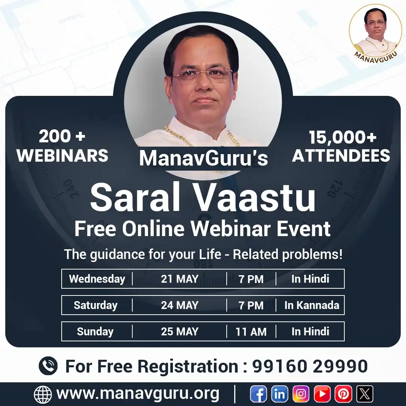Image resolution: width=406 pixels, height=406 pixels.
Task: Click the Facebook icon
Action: [259, 394]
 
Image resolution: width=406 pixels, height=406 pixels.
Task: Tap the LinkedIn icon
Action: [280, 394]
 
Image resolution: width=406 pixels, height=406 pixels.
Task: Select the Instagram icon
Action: [301, 394]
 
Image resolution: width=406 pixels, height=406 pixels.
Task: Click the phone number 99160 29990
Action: [310, 366]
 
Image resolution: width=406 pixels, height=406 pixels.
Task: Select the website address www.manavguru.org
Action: [138, 394]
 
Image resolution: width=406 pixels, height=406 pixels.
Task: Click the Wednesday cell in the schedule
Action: [97, 279]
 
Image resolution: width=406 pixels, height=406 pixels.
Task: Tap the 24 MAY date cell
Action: [180, 305]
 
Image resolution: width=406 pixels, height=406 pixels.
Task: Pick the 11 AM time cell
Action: [251, 332]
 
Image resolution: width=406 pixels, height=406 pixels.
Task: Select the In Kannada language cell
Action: [312, 305]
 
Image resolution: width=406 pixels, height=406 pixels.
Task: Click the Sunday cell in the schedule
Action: [95, 332]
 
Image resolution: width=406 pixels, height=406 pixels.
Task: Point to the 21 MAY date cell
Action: [180, 279]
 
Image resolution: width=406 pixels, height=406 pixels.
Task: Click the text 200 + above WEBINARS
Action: [62, 136]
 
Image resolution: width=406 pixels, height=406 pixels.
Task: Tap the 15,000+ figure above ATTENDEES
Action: [342, 138]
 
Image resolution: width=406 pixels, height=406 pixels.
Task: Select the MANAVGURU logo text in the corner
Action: [376, 55]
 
